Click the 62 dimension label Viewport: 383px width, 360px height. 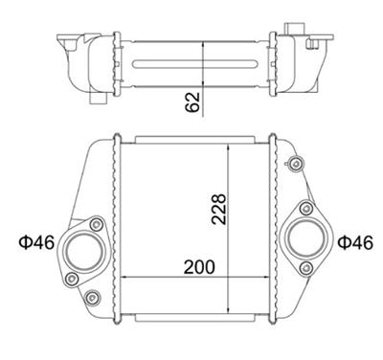click(192, 102)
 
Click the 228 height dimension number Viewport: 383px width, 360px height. click(219, 209)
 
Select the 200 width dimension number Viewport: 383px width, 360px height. click(199, 267)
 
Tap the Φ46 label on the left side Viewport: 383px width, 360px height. click(36, 242)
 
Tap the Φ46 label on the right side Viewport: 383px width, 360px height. click(355, 242)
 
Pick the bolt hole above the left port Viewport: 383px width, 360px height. click(96, 225)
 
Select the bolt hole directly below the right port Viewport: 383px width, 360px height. click(306, 268)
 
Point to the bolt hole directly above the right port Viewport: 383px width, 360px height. click(306, 209)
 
